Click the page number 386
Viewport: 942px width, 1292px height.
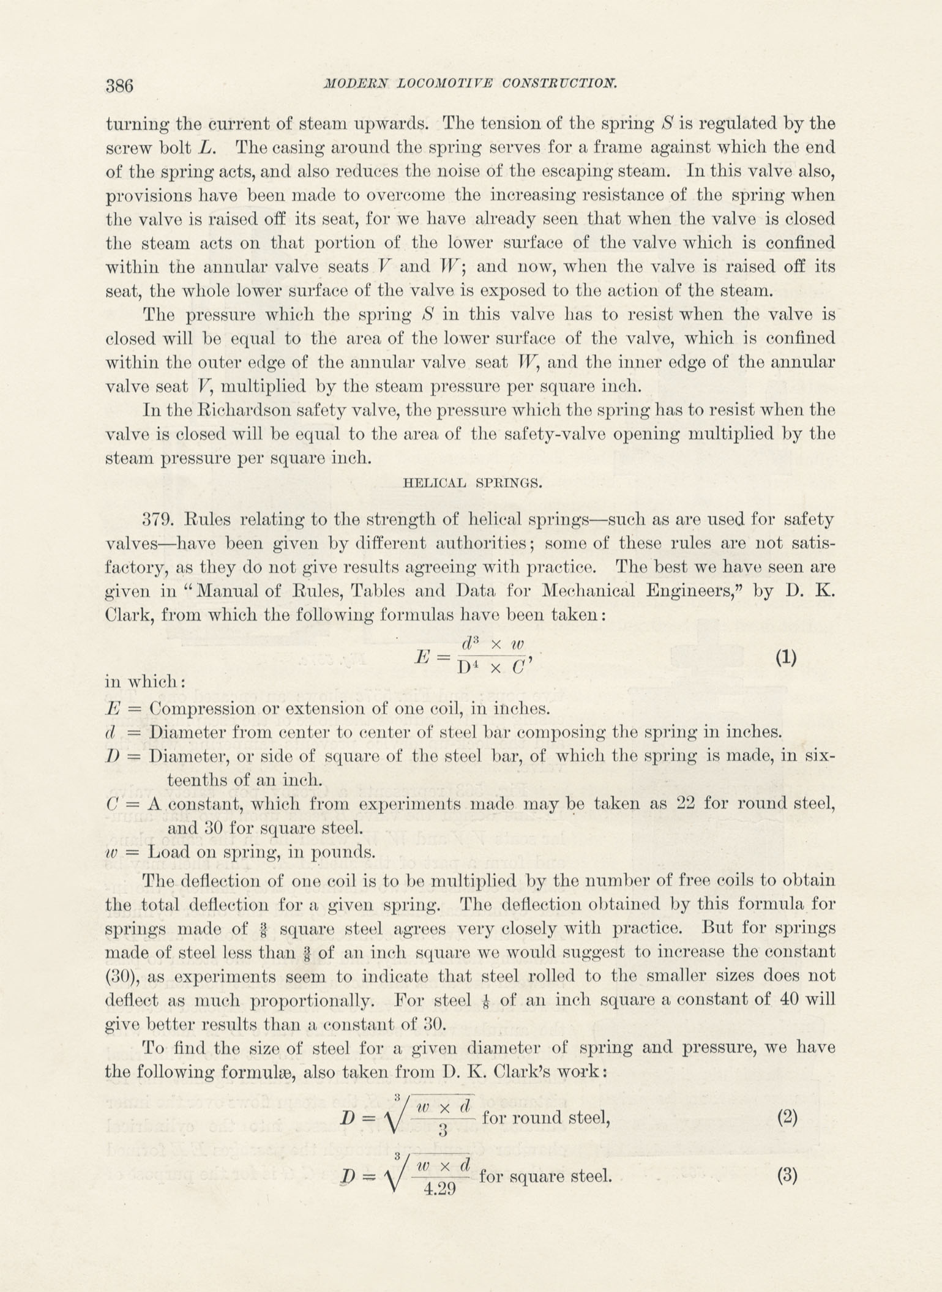(119, 85)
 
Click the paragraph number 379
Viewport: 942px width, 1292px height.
(159, 520)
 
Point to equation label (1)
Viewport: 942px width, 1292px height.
(786, 658)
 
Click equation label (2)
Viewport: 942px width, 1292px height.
(787, 1118)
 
